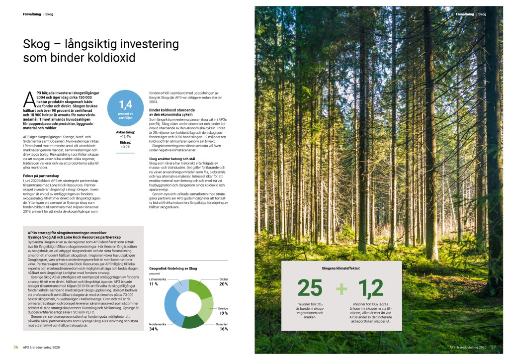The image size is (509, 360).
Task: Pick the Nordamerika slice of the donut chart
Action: pyautogui.click(x=171, y=304)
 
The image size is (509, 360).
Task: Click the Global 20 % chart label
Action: pyautogui.click(x=223, y=282)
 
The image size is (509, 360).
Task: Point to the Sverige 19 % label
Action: pyautogui.click(x=223, y=311)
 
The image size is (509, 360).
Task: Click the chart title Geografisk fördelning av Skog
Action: pyautogui.click(x=173, y=268)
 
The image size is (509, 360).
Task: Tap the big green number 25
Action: pyautogui.click(x=310, y=288)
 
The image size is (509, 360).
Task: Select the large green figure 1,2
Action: pyautogui.click(x=370, y=288)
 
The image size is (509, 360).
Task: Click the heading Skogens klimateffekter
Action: pyautogui.click(x=340, y=269)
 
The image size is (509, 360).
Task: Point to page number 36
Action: pyautogui.click(x=16, y=347)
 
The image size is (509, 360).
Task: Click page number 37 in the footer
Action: pyautogui.click(x=493, y=347)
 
